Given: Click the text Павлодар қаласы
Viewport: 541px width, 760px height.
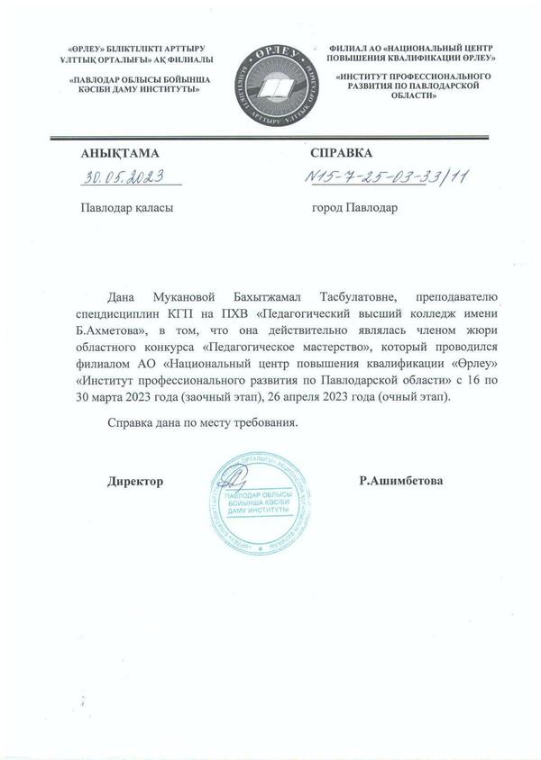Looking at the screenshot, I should (x=125, y=206).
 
